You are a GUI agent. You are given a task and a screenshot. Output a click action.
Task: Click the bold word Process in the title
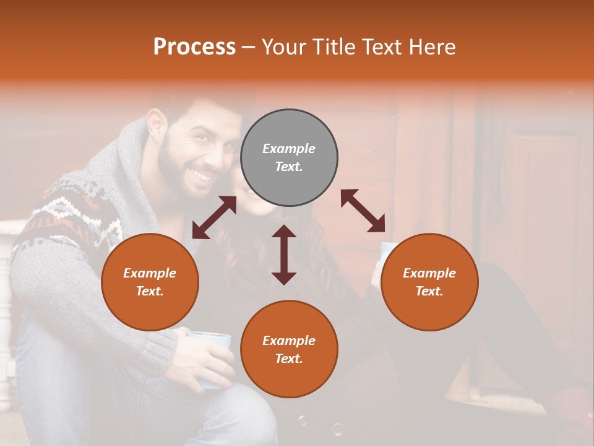coord(194,46)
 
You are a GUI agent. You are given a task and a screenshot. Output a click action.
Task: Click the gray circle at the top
coord(289,157)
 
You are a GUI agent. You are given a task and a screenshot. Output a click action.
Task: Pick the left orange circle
coord(150,282)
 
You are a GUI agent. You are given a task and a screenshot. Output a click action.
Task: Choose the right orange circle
coord(429,282)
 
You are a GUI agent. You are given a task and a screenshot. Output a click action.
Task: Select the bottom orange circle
coord(289,349)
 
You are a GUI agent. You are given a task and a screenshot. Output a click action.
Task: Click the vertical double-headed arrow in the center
coord(284,255)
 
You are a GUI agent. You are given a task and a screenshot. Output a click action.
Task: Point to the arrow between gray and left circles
coord(214,217)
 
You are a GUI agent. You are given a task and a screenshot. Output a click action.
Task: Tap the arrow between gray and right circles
coord(363,211)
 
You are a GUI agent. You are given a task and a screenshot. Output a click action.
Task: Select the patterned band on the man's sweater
coord(68,214)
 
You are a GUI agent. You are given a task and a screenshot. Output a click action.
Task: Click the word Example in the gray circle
coord(289,149)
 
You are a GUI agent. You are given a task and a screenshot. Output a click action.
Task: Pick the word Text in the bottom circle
coord(288,359)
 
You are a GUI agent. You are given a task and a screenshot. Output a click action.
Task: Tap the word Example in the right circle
coord(429,273)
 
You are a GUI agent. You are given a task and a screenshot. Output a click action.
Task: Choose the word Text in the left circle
coord(149,291)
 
